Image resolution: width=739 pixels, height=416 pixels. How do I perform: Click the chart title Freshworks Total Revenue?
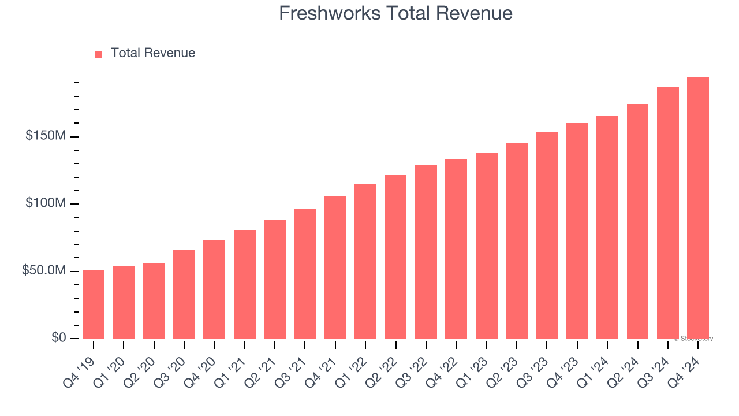point(395,13)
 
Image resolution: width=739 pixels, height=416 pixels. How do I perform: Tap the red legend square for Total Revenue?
point(98,54)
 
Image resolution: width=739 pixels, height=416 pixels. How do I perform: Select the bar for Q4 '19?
point(94,304)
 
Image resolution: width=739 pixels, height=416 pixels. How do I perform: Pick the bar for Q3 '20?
point(184,294)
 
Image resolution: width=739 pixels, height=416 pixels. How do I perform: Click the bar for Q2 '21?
point(275,279)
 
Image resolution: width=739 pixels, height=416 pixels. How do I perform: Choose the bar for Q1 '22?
point(365,261)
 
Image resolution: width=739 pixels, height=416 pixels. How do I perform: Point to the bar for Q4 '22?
point(456,249)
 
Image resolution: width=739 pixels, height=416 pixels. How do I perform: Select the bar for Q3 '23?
point(547,235)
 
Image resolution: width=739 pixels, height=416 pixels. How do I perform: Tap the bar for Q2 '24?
point(637,221)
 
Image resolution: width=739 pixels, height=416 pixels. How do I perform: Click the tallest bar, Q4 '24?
point(698,208)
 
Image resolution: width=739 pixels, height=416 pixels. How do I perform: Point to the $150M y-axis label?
point(46,136)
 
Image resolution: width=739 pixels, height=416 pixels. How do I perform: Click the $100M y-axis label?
point(46,203)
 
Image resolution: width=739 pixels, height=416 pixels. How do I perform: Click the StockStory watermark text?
point(693,339)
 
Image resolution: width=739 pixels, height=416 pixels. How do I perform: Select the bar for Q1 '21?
point(245,284)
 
